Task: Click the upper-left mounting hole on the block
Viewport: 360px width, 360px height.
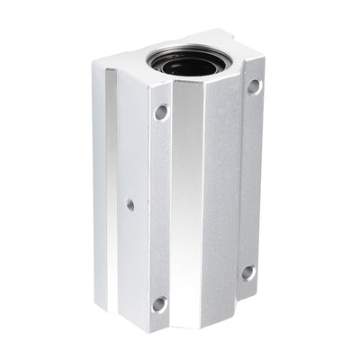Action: pos(161,112)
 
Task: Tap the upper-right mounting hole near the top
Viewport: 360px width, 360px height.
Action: pos(255,86)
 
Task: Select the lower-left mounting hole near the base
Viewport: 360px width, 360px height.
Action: pos(159,304)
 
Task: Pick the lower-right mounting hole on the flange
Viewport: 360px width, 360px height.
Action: pos(247,273)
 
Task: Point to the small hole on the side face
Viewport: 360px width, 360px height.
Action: pos(130,204)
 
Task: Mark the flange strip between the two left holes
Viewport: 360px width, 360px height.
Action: pos(160,207)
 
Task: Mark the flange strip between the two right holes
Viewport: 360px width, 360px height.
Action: pos(251,180)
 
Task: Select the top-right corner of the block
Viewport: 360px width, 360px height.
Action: pos(265,60)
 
